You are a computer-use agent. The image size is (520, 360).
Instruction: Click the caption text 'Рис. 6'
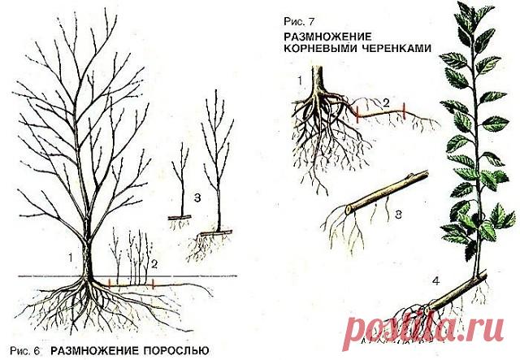(x=25, y=350)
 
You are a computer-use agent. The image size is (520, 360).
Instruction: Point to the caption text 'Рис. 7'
(x=298, y=22)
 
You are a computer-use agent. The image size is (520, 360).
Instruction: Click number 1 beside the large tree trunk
(x=71, y=258)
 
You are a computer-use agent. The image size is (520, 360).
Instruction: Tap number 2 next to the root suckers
(x=154, y=264)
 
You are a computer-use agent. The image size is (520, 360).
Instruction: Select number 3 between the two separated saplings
(x=197, y=198)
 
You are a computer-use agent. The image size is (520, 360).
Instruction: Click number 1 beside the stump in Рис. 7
(x=300, y=80)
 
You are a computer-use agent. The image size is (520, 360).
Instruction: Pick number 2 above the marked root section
(x=386, y=103)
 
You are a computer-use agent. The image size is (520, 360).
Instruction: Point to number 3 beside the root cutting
(x=398, y=215)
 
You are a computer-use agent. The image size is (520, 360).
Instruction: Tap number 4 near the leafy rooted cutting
(x=435, y=281)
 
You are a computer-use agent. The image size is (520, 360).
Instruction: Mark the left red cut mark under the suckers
(x=109, y=284)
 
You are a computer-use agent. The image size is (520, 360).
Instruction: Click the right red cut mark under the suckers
(x=153, y=284)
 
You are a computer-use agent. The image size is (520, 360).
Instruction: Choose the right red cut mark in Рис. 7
(x=405, y=111)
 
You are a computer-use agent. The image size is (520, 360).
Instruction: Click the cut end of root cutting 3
(x=348, y=210)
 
